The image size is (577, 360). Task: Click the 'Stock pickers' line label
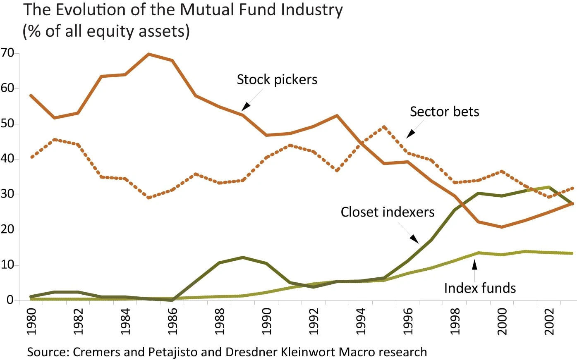277,79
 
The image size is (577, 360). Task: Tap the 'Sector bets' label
444,112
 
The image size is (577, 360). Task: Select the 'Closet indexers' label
387,212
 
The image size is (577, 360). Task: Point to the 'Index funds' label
480,288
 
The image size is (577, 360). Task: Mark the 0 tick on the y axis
10,300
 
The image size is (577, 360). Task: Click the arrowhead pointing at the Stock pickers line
245,107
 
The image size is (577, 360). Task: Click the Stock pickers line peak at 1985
148,54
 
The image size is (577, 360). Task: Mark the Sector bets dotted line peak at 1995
384,127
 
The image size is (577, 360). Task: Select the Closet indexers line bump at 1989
243,257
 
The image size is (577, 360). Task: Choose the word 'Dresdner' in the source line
251,352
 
